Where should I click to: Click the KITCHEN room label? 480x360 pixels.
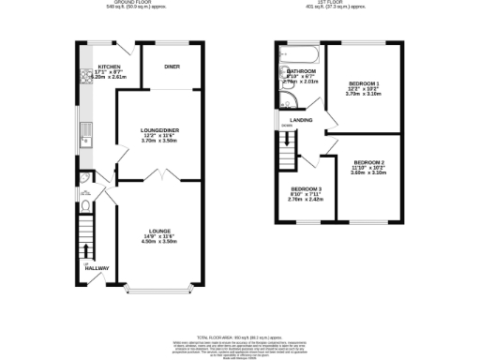[x=111, y=67]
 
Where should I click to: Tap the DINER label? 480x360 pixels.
[x=172, y=67]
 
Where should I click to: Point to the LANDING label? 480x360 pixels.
[x=301, y=120]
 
